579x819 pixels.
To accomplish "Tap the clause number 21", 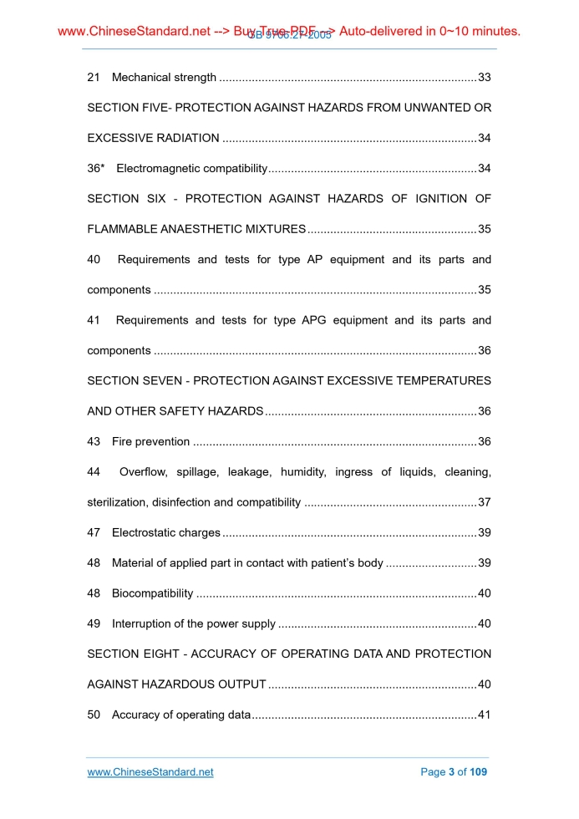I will (94, 78).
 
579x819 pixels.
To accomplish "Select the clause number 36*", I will (96, 169).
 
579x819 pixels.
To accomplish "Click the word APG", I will (314, 320).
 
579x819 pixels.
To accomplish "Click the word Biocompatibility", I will (152, 593).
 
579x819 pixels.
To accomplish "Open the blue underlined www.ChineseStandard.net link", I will (150, 772).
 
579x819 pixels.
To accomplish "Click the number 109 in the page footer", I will (478, 772).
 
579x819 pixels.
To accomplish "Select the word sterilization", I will (117, 502).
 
